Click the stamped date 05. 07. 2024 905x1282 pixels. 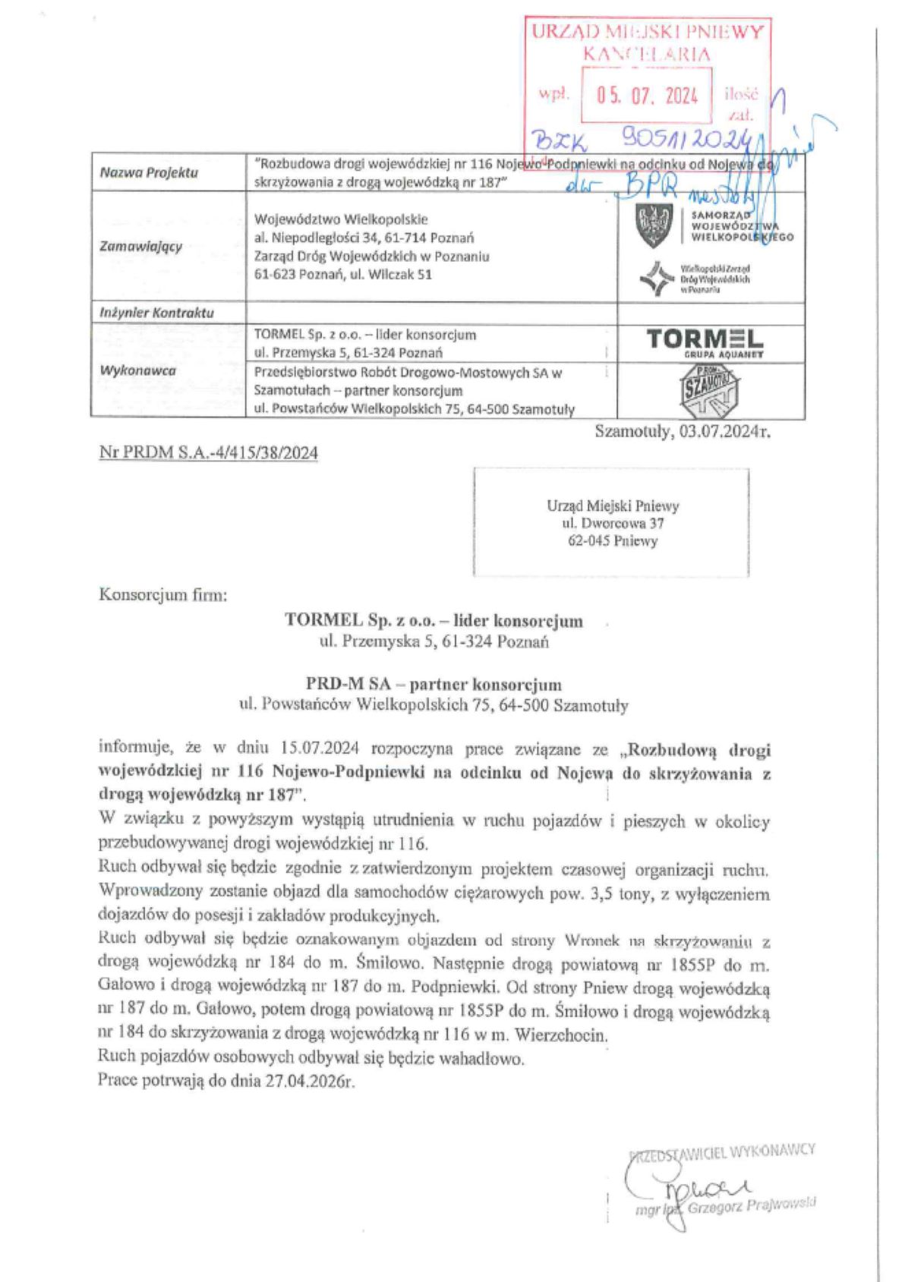pos(647,96)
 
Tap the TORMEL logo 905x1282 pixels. pos(705,341)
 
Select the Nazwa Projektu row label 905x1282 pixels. pos(149,172)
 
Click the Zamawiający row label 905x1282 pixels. pos(141,246)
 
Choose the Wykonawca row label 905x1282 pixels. pos(138,370)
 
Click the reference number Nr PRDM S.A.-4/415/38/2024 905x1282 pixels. pos(209,453)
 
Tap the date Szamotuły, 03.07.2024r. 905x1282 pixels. pos(683,432)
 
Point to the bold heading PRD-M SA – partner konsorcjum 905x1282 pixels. pos(434,684)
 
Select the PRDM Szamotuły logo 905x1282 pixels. pos(707,391)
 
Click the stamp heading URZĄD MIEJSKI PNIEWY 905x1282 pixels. pos(647,32)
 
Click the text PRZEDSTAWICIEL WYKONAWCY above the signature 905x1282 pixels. pos(723,1150)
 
